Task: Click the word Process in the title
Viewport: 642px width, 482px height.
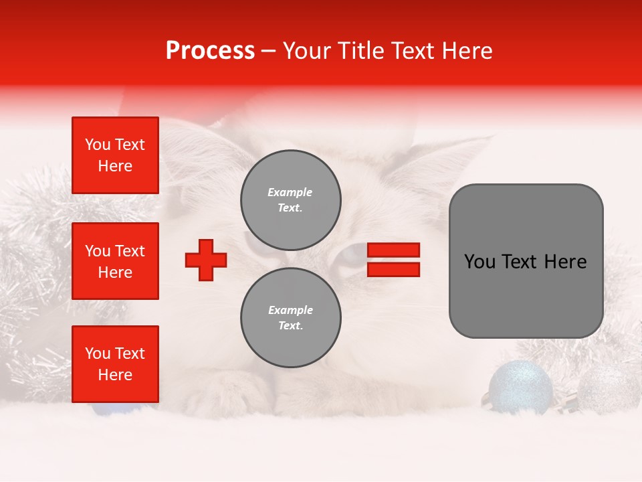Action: (x=210, y=51)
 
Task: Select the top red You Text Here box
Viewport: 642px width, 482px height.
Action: (x=115, y=155)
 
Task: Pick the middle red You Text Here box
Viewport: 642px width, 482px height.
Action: (x=115, y=261)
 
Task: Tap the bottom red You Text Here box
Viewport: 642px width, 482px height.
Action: (x=115, y=364)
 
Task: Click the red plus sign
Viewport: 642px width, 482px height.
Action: (x=206, y=260)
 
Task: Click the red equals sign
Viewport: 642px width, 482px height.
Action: (x=394, y=260)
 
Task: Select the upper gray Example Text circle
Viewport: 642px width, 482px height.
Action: (x=291, y=199)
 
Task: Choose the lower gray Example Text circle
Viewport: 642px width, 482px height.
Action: (x=291, y=317)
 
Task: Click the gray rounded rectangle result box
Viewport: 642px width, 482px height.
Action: (x=526, y=261)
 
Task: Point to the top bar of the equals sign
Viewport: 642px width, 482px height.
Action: (x=394, y=250)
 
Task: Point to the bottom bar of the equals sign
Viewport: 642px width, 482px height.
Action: (x=394, y=269)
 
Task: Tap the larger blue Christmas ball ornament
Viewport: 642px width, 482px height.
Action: (x=520, y=388)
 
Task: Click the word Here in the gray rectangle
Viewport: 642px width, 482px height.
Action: (x=565, y=262)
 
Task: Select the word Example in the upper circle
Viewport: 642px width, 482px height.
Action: (x=290, y=192)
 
